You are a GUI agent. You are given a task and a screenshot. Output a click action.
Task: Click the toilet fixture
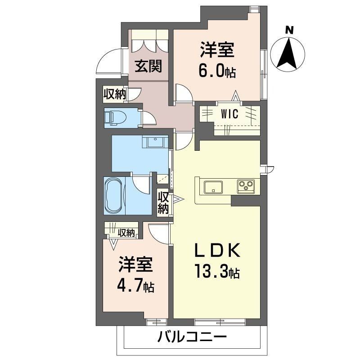pyautogui.click(x=115, y=118)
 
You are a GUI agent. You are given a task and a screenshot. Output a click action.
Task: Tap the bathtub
pyautogui.click(x=114, y=195)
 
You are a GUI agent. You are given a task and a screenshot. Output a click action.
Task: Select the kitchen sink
pyautogui.click(x=213, y=187)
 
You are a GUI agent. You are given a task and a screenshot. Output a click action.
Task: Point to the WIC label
pyautogui.click(x=229, y=114)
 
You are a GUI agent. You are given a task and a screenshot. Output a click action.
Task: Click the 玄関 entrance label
pyautogui.click(x=148, y=66)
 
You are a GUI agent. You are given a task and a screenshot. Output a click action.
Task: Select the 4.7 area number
pyautogui.click(x=130, y=285)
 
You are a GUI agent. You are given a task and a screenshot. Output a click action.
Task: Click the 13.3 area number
pyautogui.click(x=211, y=271)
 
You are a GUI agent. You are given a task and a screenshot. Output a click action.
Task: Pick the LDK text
pyautogui.click(x=217, y=250)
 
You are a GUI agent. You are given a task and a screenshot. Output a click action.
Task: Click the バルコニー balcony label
pyautogui.click(x=192, y=337)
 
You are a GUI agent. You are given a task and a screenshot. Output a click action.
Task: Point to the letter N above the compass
pyautogui.click(x=290, y=30)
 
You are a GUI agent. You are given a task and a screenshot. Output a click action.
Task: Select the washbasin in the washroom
pyautogui.click(x=155, y=142)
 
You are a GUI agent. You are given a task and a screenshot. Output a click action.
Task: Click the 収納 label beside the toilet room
pyautogui.click(x=115, y=94)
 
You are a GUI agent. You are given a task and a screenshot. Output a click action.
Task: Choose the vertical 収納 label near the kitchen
pyautogui.click(x=163, y=203)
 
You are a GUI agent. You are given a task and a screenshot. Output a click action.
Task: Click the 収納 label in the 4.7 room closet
pyautogui.click(x=126, y=233)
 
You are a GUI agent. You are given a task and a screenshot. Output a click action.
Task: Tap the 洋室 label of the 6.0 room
pyautogui.click(x=217, y=49)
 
